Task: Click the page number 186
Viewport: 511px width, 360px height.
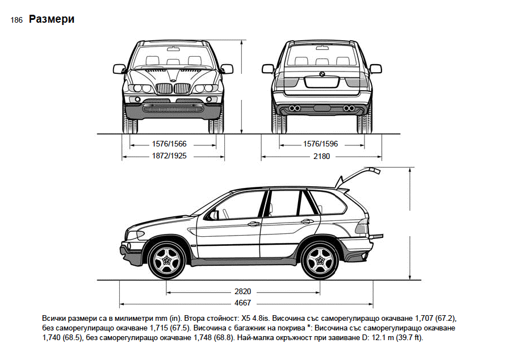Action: click(x=16, y=20)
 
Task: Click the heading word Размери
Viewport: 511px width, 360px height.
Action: click(x=52, y=19)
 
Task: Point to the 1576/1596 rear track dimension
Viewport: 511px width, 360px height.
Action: click(x=321, y=144)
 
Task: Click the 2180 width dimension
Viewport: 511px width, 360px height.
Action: click(x=321, y=155)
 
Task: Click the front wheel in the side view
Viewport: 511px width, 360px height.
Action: click(x=167, y=261)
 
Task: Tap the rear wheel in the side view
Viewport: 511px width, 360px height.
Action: click(x=320, y=261)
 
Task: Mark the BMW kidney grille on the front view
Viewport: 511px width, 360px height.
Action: click(x=174, y=89)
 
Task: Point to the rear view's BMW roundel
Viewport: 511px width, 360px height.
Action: click(x=321, y=73)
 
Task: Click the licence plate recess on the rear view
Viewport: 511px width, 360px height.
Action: click(x=321, y=81)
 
